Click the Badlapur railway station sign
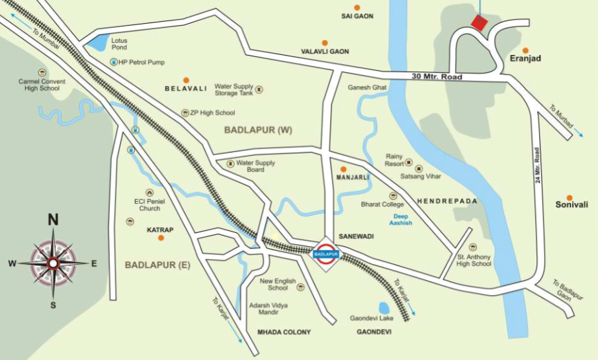(x=326, y=253)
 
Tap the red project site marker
(x=478, y=22)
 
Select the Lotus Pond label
(x=119, y=44)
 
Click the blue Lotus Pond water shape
(x=97, y=43)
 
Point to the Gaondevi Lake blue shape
(x=384, y=308)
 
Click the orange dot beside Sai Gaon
(x=357, y=8)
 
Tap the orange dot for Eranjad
(x=525, y=50)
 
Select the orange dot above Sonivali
(x=569, y=198)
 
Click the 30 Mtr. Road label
(x=437, y=77)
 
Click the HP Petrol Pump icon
(x=113, y=62)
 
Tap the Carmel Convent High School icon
(x=42, y=72)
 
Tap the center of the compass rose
(x=53, y=263)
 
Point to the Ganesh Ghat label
(x=366, y=87)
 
